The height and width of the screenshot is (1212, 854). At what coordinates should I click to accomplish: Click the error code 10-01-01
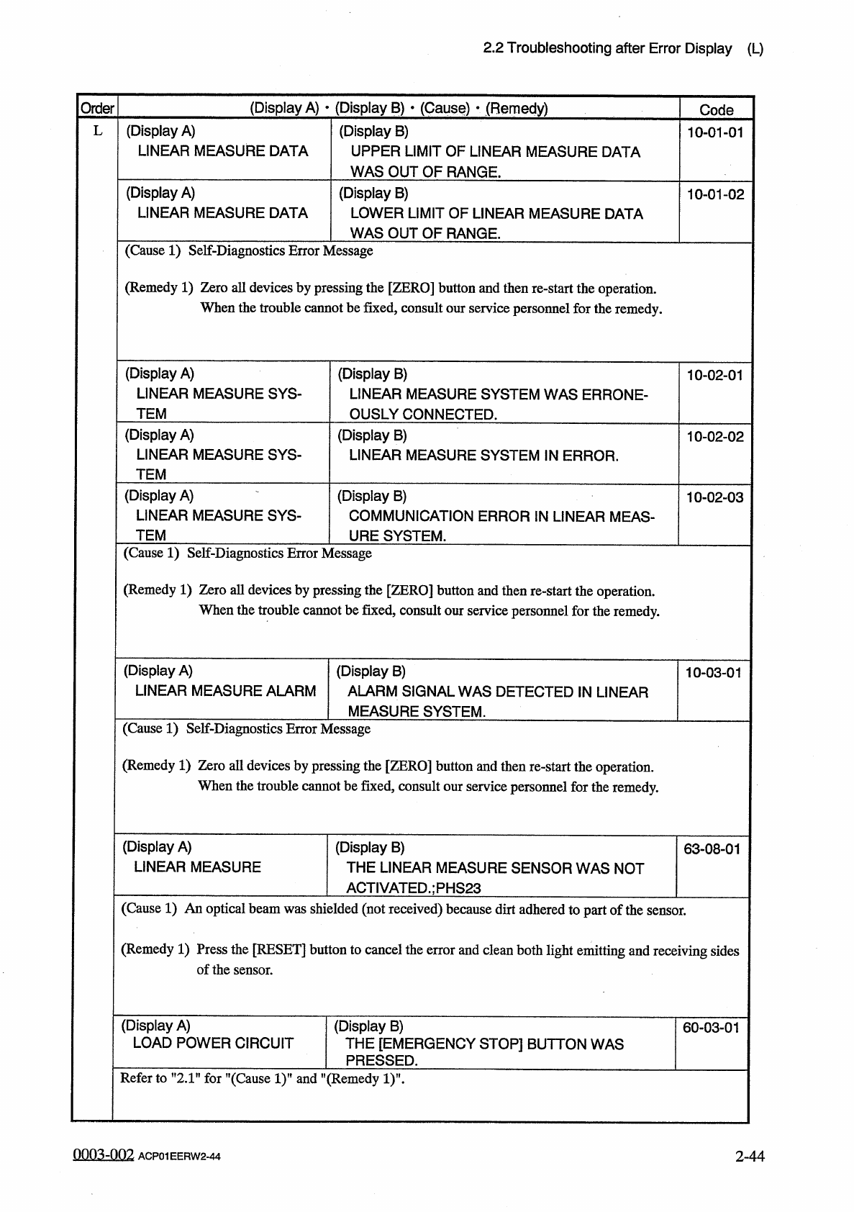[715, 132]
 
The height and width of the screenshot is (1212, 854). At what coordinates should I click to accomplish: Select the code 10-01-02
[715, 194]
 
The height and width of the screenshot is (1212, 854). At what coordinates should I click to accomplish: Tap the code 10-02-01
[714, 375]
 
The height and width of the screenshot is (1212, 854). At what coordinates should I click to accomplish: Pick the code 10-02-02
[714, 437]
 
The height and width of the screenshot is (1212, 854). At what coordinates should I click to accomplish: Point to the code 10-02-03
[714, 497]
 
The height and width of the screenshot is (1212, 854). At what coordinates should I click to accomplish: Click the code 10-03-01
[713, 673]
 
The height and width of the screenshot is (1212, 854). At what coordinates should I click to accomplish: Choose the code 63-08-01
[712, 849]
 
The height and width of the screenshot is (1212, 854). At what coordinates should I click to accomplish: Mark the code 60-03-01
[711, 1028]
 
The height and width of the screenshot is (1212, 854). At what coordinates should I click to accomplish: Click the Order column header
[97, 109]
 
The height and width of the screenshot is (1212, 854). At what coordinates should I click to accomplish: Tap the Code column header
[716, 110]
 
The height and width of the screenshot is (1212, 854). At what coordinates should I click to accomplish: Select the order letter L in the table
[98, 132]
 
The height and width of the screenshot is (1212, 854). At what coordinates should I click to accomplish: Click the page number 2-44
[750, 1156]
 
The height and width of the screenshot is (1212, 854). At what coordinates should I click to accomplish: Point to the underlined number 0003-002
[103, 1155]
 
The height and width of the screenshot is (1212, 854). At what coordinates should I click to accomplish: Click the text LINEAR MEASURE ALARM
[225, 691]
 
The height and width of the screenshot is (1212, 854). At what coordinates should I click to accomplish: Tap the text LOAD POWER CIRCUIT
[213, 1044]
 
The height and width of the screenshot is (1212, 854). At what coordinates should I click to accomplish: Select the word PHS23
[456, 888]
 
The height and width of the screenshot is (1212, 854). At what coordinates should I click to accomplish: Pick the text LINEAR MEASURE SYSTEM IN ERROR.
[483, 456]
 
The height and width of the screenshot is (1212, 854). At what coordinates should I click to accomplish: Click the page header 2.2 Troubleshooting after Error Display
[607, 49]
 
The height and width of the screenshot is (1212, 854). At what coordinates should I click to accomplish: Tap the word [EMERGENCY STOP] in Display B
[450, 1044]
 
